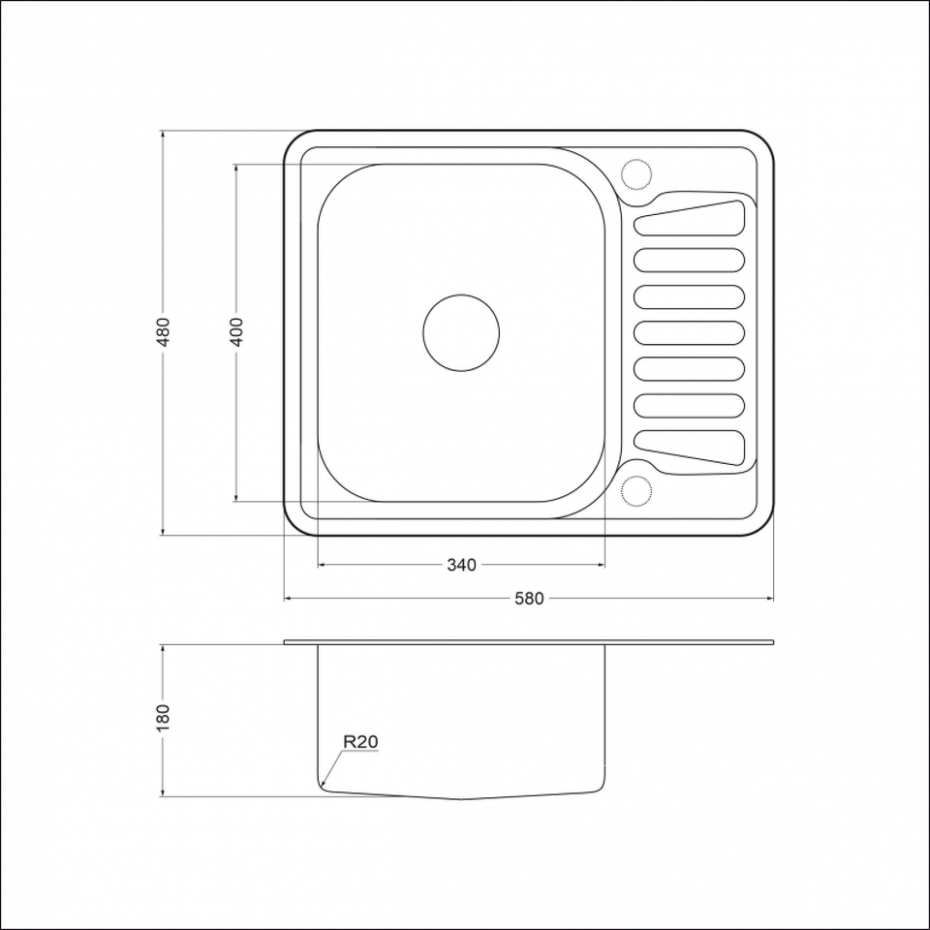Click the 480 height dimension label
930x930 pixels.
tap(164, 332)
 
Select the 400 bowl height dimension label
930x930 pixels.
tap(236, 332)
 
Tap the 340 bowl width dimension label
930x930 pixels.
tap(461, 565)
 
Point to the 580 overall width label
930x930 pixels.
tap(529, 599)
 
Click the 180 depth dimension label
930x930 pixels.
tap(164, 718)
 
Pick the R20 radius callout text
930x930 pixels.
tap(360, 741)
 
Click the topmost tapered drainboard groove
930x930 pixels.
tap(690, 218)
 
